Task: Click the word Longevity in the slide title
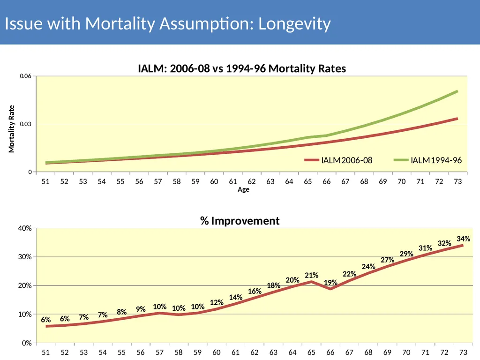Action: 294,24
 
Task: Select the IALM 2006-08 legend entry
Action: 338,160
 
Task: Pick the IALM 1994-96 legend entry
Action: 427,160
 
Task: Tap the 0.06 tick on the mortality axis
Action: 26,76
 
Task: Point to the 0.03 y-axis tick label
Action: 26,124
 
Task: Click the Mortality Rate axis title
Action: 11,129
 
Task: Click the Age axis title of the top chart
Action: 243,189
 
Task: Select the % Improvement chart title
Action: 240,221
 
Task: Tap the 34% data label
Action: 464,239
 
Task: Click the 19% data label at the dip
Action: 330,282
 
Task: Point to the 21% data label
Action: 312,275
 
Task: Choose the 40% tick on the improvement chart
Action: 25,228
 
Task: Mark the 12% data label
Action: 217,302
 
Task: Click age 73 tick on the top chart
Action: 457,181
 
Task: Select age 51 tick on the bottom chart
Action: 45,352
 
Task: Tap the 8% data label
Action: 121,312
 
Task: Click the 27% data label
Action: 388,260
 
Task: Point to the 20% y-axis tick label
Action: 25,285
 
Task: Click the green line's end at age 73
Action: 457,91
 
